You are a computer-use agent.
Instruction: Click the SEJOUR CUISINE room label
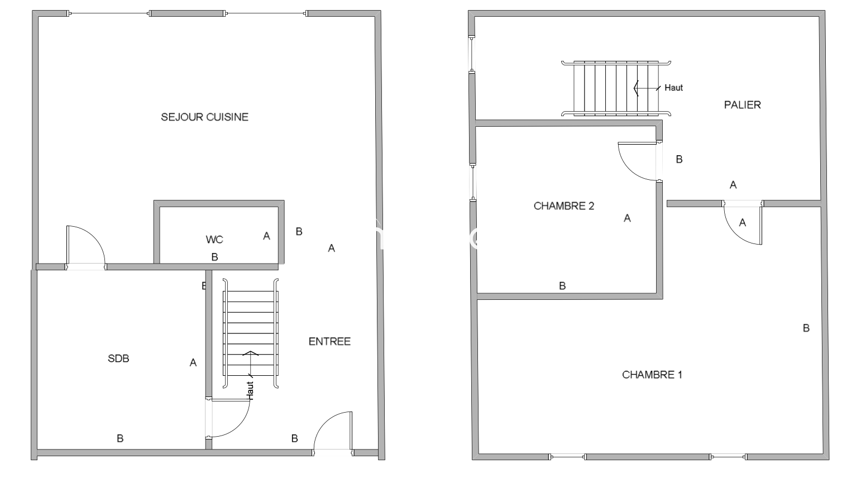pyautogui.click(x=204, y=117)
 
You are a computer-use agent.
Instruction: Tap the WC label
pyautogui.click(x=214, y=240)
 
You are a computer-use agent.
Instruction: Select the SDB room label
pyautogui.click(x=118, y=358)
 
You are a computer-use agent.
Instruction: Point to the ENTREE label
pyautogui.click(x=329, y=342)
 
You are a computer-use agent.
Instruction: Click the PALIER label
pyautogui.click(x=742, y=105)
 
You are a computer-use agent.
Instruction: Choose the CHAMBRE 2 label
pyautogui.click(x=564, y=206)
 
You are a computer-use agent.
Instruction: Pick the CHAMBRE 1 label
pyautogui.click(x=652, y=375)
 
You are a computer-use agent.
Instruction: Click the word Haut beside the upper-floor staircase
pyautogui.click(x=673, y=88)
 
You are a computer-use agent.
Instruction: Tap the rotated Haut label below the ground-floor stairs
pyautogui.click(x=250, y=391)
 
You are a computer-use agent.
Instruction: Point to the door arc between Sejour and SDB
pyautogui.click(x=94, y=235)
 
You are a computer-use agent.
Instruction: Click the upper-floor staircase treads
pyautogui.click(x=616, y=88)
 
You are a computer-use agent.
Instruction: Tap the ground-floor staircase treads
pyautogui.click(x=251, y=333)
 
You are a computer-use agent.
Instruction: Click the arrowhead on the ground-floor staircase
pyautogui.click(x=251, y=353)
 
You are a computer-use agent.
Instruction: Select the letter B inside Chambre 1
pyautogui.click(x=806, y=328)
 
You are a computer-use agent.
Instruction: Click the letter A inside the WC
pyautogui.click(x=266, y=236)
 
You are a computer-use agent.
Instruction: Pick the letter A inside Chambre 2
pyautogui.click(x=627, y=218)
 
